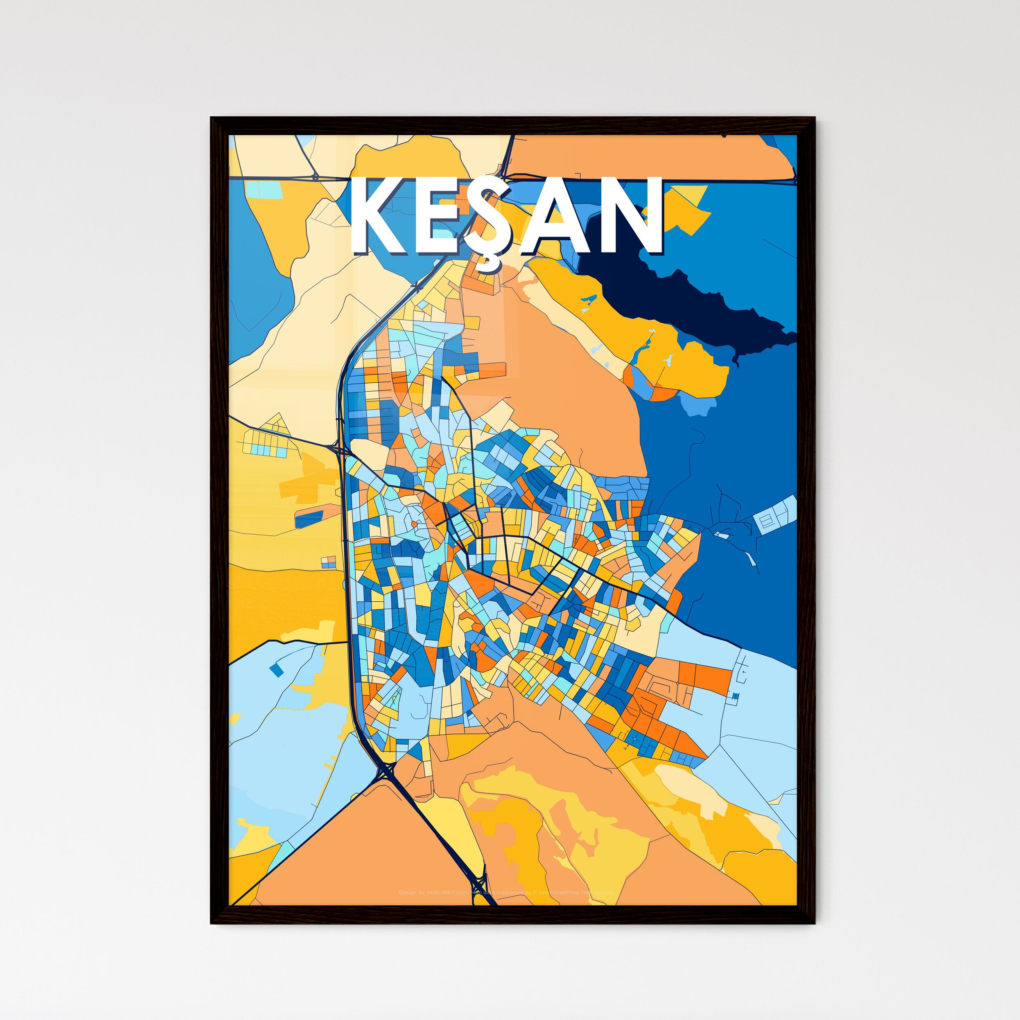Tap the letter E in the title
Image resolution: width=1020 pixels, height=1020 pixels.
point(442,217)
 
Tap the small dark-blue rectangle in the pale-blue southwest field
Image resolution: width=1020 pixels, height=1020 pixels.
point(275,670)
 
